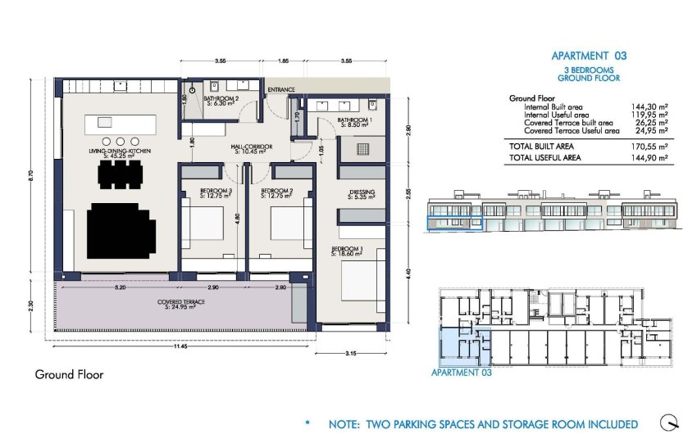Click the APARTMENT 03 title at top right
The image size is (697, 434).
click(588, 56)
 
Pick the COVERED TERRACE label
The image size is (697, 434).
click(181, 305)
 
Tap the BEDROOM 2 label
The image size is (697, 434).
click(277, 193)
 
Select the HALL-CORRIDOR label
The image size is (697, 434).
click(252, 147)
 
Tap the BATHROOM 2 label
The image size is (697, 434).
click(221, 100)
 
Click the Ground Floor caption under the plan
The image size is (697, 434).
click(69, 375)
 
